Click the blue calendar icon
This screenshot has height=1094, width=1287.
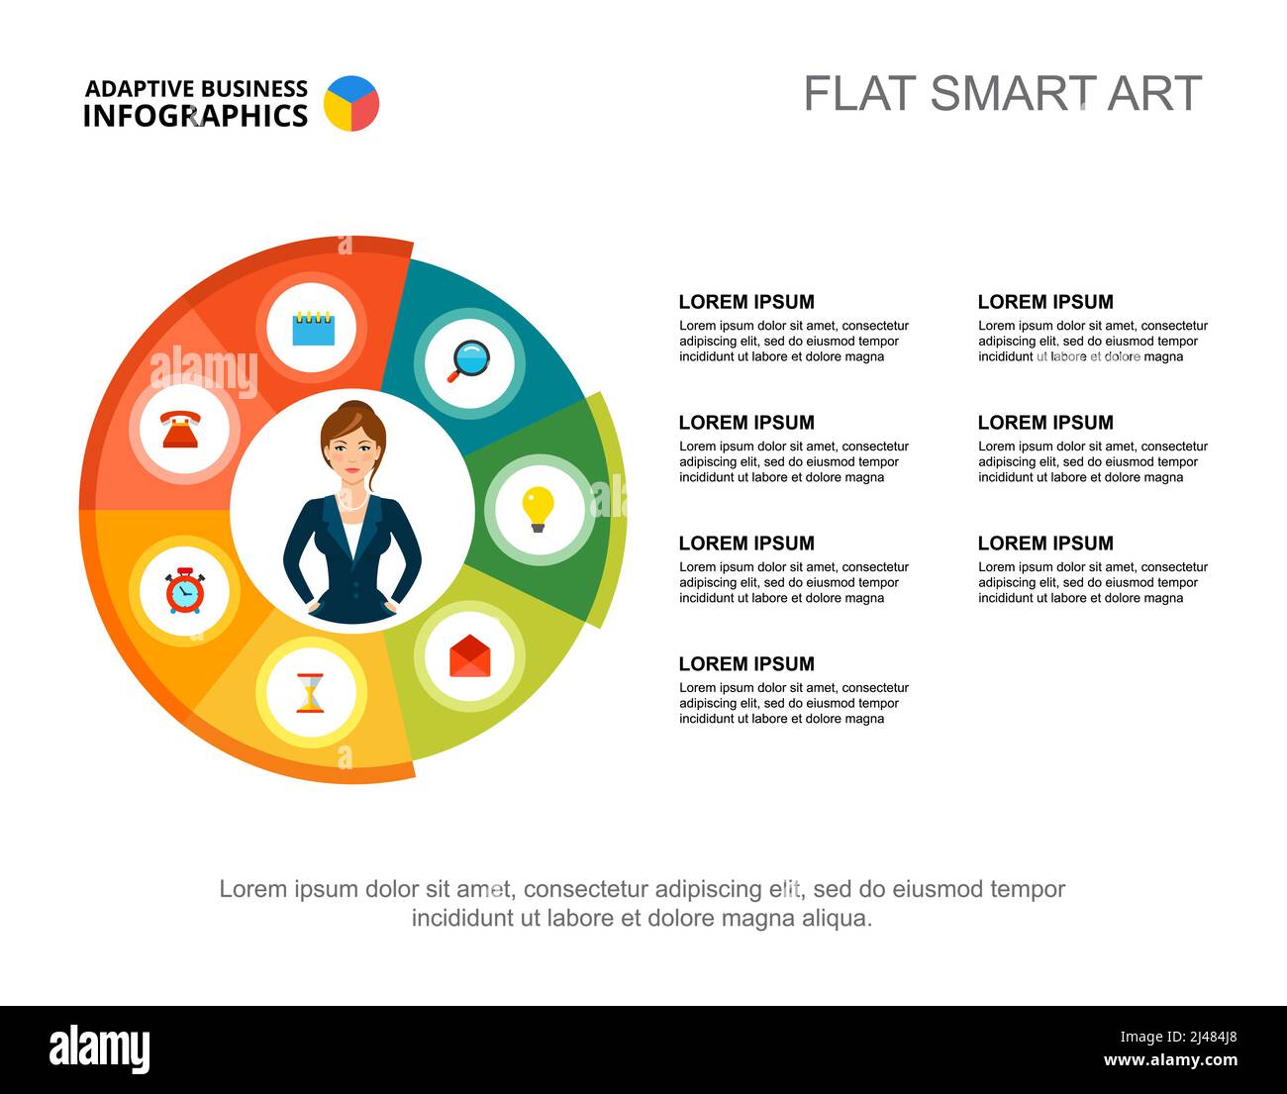[313, 328]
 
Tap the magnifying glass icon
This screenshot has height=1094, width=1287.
[468, 361]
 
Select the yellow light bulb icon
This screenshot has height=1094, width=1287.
[538, 509]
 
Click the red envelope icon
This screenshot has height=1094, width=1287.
[469, 656]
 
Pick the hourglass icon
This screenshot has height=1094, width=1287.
[311, 692]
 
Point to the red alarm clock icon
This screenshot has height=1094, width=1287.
[185, 591]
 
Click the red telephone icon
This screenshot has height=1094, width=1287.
[181, 431]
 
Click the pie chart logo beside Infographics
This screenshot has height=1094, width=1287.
[351, 103]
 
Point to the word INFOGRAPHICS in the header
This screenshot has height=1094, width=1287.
[195, 116]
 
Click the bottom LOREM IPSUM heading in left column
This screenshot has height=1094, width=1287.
[746, 663]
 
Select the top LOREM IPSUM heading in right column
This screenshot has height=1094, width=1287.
[1045, 302]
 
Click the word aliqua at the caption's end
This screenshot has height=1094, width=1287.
[840, 918]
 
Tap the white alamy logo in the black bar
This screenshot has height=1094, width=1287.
[99, 1049]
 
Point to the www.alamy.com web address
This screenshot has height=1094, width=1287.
[1170, 1061]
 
